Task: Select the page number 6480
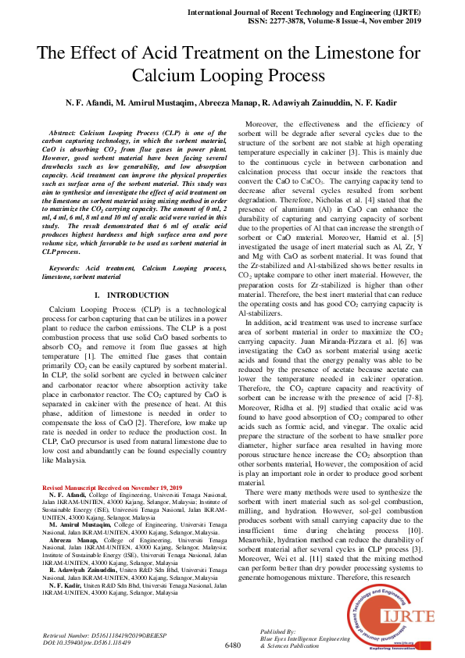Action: tap(232, 645)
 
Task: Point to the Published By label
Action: tap(278, 630)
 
